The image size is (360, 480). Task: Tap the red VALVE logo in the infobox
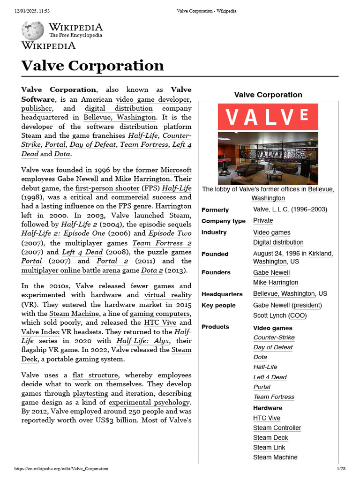point(268,117)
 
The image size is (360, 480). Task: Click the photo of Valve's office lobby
point(268,158)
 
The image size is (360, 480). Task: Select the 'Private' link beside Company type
point(263,220)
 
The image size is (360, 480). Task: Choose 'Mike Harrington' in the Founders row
point(276,282)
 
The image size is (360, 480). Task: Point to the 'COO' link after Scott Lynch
point(298,315)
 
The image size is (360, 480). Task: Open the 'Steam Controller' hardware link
point(277,427)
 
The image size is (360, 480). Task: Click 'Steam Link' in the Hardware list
point(269,447)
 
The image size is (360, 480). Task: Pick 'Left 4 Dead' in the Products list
point(270,377)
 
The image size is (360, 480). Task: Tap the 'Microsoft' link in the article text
point(176,170)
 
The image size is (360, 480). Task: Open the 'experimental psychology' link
point(149,402)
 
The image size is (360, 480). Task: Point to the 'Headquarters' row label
point(222,294)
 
